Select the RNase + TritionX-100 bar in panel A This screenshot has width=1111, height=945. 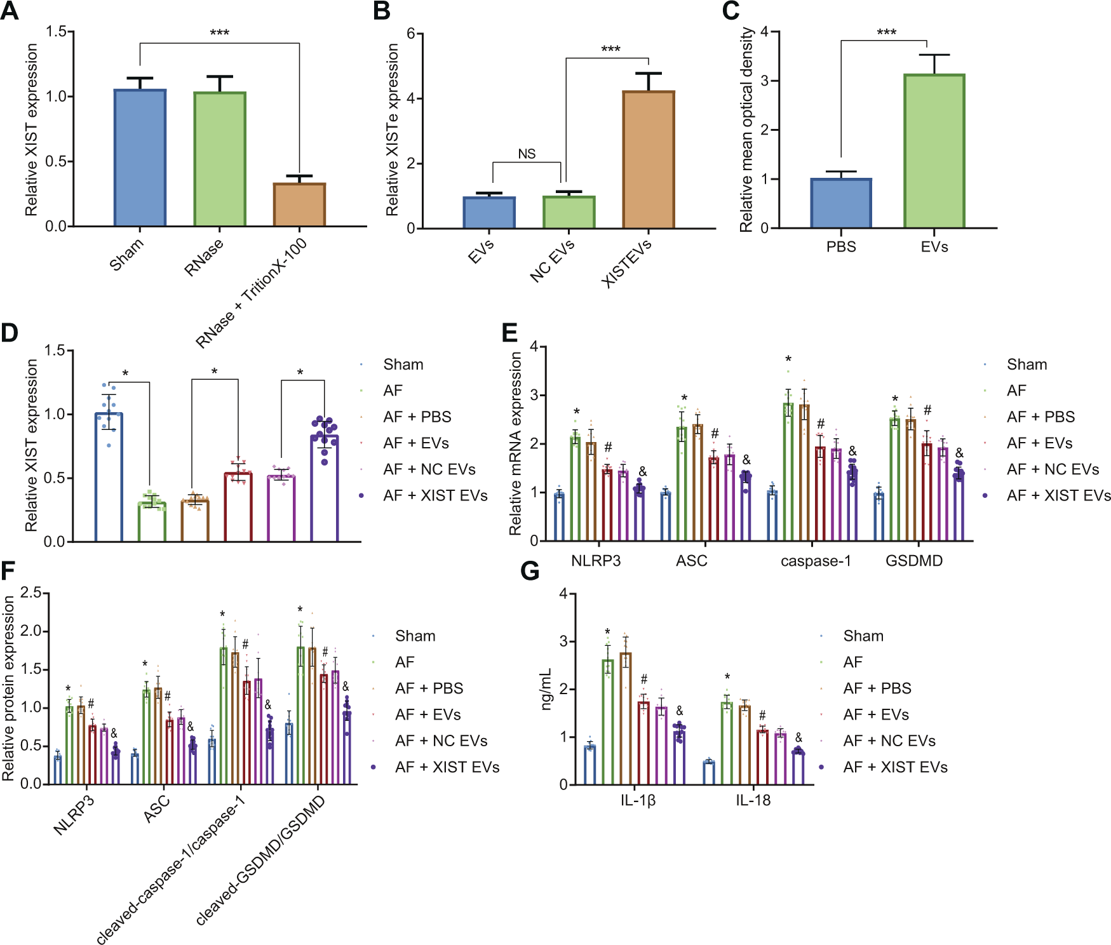pyautogui.click(x=299, y=204)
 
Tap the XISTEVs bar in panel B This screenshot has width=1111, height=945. pyautogui.click(x=648, y=159)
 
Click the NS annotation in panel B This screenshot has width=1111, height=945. pyautogui.click(x=527, y=154)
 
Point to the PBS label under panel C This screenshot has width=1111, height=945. pyautogui.click(x=841, y=246)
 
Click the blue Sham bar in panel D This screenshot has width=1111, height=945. pyautogui.click(x=109, y=477)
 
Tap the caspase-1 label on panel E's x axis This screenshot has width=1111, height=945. pyautogui.click(x=815, y=561)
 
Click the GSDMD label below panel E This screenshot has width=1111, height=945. pyautogui.click(x=913, y=561)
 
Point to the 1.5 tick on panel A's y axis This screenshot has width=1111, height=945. pyautogui.click(x=56, y=32)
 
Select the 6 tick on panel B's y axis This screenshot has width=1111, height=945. pyautogui.click(x=411, y=34)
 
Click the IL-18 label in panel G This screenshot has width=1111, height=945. pyautogui.click(x=753, y=800)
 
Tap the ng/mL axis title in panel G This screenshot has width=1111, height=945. pyautogui.click(x=546, y=689)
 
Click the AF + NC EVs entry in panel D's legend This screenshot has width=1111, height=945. pyautogui.click(x=429, y=469)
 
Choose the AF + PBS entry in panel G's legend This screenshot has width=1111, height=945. pyautogui.click(x=877, y=688)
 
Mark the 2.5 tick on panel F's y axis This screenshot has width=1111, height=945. pyautogui.click(x=30, y=593)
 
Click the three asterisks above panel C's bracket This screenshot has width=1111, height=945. pyautogui.click(x=886, y=32)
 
